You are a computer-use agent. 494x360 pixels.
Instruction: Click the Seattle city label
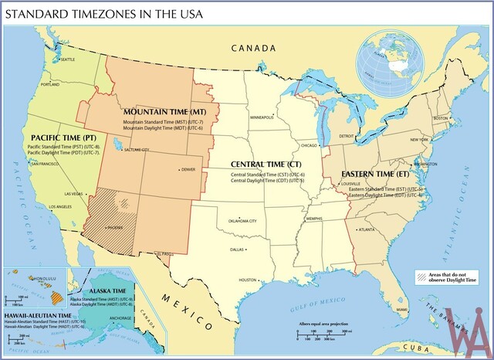coord(67,59)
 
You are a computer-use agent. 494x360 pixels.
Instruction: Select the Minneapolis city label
coord(261,117)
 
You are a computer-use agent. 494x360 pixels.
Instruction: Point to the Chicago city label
coord(309,144)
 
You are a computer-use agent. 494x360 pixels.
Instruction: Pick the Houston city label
coord(247,280)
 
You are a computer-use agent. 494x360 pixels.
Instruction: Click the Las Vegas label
coord(75,194)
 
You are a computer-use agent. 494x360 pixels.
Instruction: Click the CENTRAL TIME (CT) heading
coord(266,165)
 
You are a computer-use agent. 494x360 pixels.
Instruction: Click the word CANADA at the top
coord(253,48)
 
